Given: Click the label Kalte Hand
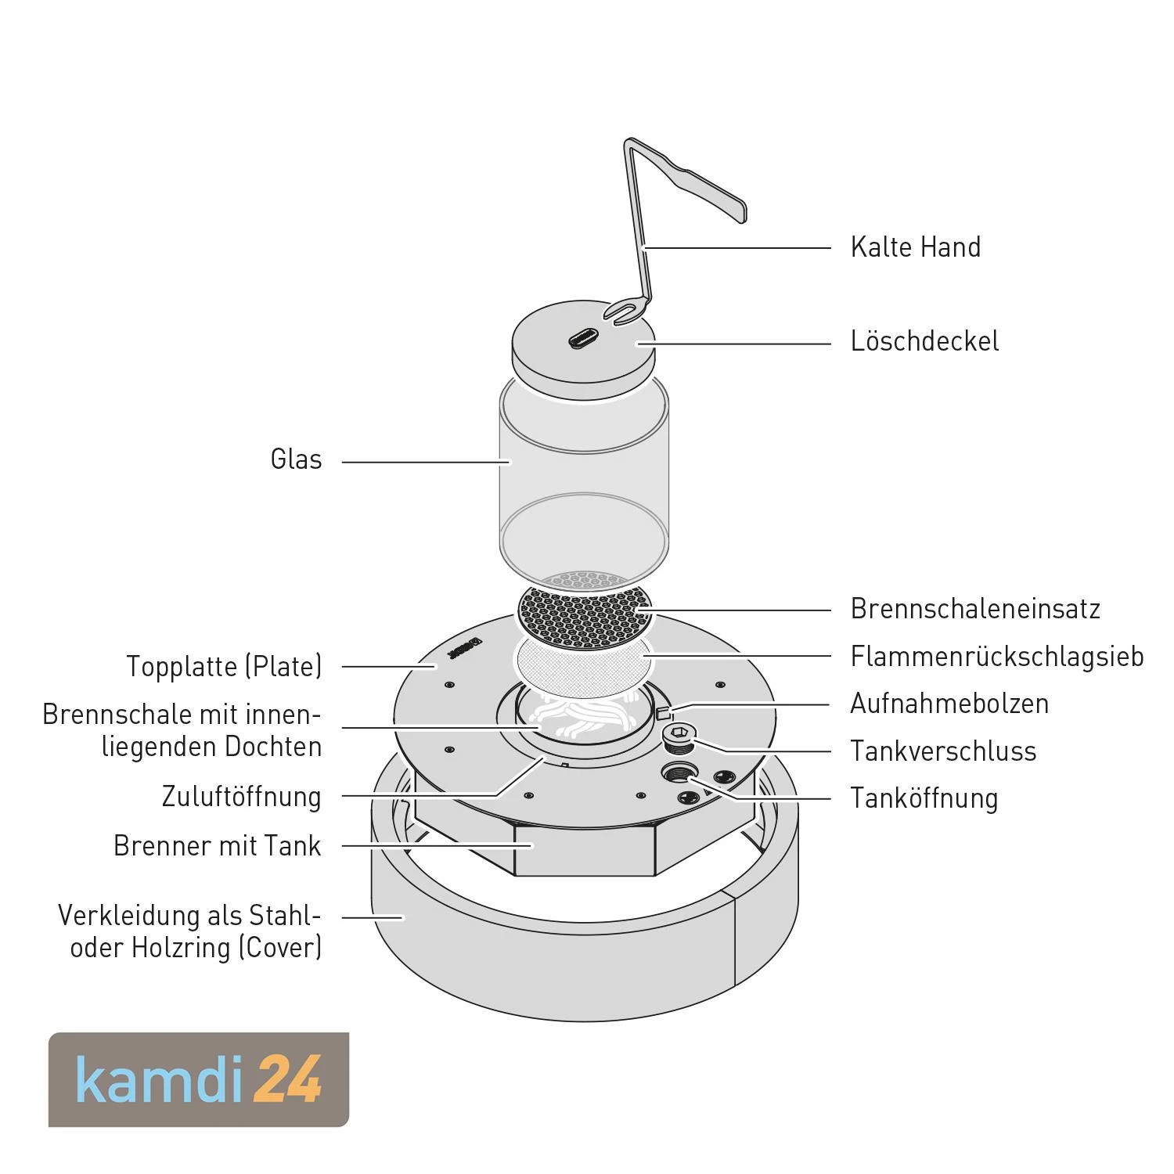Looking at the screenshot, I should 915,247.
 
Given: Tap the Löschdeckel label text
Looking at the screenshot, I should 924,342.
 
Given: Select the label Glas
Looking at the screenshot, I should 296,459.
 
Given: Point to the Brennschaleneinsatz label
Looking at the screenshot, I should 975,609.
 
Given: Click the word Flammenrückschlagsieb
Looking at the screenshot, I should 996,657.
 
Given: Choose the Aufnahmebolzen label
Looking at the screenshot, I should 949,704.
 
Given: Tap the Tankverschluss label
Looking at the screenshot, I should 943,751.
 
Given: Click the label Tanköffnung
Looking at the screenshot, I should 924,798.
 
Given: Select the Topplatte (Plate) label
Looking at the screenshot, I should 224,667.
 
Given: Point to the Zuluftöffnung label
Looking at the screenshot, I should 241,797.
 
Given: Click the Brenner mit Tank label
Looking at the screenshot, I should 217,846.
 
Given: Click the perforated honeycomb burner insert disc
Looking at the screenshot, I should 584,616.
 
